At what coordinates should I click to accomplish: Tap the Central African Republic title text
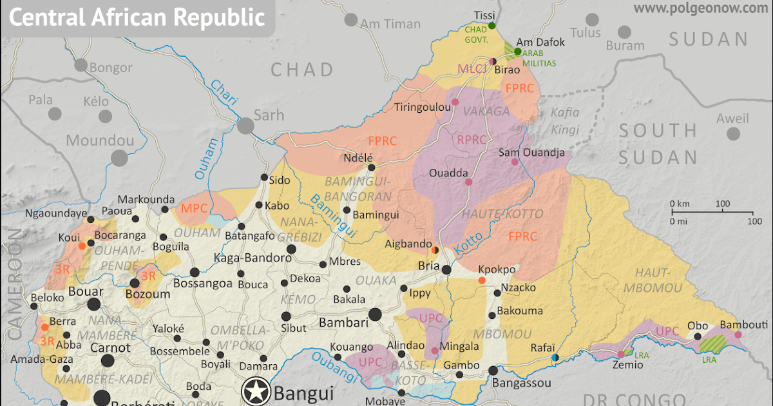click(137, 17)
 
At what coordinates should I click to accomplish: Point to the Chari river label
click(224, 92)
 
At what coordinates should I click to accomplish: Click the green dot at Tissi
click(491, 25)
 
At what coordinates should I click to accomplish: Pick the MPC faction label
click(194, 208)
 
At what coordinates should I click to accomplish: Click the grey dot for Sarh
click(245, 126)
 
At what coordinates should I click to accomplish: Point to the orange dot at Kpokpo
click(482, 280)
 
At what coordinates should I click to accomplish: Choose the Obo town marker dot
click(697, 336)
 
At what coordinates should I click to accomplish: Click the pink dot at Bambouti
click(738, 334)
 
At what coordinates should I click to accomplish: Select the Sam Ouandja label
click(531, 153)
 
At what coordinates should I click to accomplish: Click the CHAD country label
click(302, 70)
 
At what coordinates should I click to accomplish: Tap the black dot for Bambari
click(376, 314)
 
